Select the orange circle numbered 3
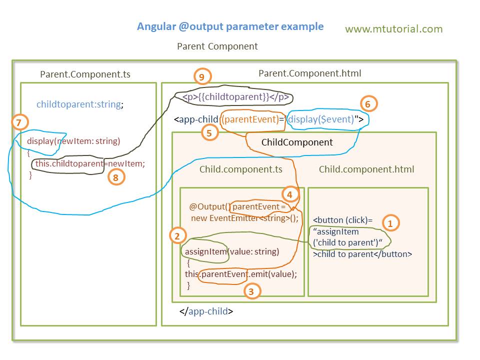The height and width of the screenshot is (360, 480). pyautogui.click(x=252, y=291)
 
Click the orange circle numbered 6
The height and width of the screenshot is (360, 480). pyautogui.click(x=368, y=104)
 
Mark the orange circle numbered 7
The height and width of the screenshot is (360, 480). pyautogui.click(x=19, y=122)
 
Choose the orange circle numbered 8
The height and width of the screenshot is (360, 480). pyautogui.click(x=116, y=177)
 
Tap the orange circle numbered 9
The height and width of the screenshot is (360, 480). pyautogui.click(x=202, y=76)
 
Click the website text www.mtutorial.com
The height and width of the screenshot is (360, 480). pyautogui.click(x=393, y=29)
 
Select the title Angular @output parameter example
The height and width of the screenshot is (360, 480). pyautogui.click(x=230, y=26)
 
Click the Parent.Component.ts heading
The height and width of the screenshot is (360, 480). pyautogui.click(x=85, y=74)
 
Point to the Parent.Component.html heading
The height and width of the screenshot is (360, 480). pyautogui.click(x=309, y=73)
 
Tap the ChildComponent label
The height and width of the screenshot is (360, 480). pyautogui.click(x=297, y=142)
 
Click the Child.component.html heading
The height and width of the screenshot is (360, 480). pyautogui.click(x=366, y=169)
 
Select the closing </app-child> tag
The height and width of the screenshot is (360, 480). pyautogui.click(x=206, y=311)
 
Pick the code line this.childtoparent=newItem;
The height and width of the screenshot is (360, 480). pyautogui.click(x=90, y=163)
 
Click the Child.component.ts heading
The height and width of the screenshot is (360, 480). pyautogui.click(x=240, y=169)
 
